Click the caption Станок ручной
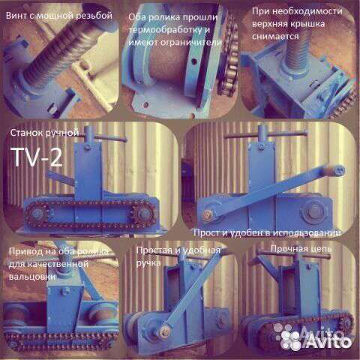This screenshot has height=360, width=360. click(x=44, y=133)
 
